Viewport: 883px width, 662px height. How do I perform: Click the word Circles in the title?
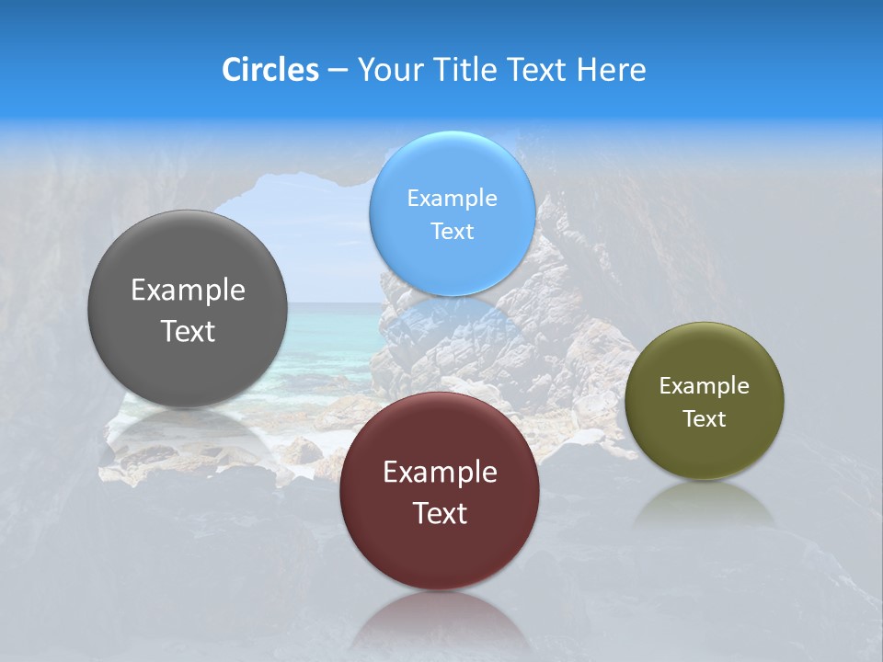[x=270, y=70]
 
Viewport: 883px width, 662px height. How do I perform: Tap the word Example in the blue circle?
[x=452, y=198]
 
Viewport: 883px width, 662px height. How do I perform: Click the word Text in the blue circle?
[x=452, y=231]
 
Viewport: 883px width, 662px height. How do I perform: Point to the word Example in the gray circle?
[x=188, y=291]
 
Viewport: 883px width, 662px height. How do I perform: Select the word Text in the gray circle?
[x=188, y=331]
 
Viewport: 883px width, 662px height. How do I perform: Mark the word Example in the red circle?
[x=440, y=473]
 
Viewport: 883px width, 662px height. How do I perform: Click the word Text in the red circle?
[x=440, y=513]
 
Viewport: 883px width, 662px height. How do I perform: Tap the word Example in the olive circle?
[x=705, y=386]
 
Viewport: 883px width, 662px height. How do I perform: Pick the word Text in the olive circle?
[x=705, y=419]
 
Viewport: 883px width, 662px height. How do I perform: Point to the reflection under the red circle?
[x=440, y=621]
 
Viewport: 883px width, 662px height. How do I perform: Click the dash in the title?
[x=338, y=71]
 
